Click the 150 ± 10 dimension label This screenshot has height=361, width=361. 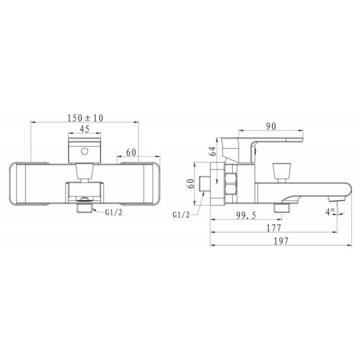[x=85, y=118]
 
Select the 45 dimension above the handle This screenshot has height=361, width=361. [x=84, y=129]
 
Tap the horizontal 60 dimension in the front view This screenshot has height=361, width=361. [x=131, y=152]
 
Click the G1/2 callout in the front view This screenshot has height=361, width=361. [x=114, y=212]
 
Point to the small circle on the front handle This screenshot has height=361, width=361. [x=84, y=152]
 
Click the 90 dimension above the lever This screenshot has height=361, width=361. [x=271, y=126]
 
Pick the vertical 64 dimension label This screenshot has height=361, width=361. [x=213, y=151]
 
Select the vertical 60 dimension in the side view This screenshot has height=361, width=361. [x=191, y=184]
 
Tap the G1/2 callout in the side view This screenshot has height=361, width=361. [x=181, y=215]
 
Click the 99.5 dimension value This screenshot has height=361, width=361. [x=246, y=215]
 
